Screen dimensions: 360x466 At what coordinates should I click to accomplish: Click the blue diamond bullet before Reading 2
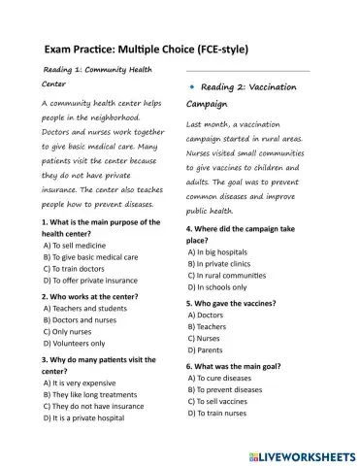(x=191, y=87)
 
